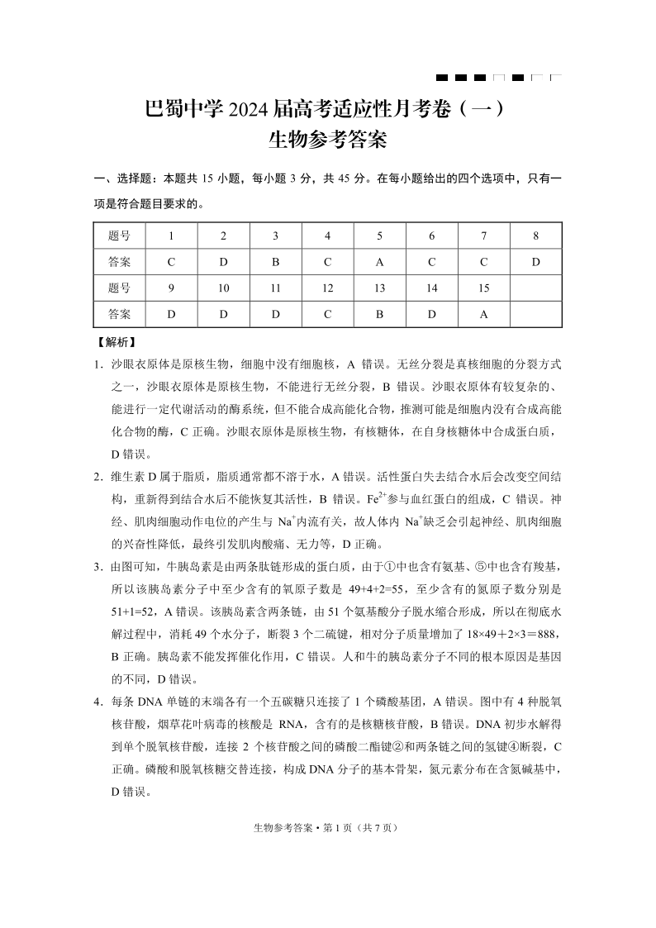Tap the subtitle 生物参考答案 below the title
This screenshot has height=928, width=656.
(328, 140)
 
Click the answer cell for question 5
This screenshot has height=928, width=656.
(379, 262)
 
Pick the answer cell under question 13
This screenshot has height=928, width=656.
(379, 314)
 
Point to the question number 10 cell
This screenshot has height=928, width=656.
(223, 288)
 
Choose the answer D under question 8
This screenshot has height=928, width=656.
(535, 262)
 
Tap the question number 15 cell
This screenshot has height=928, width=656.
(483, 288)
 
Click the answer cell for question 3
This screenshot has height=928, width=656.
(275, 262)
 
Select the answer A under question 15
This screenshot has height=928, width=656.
(483, 314)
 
